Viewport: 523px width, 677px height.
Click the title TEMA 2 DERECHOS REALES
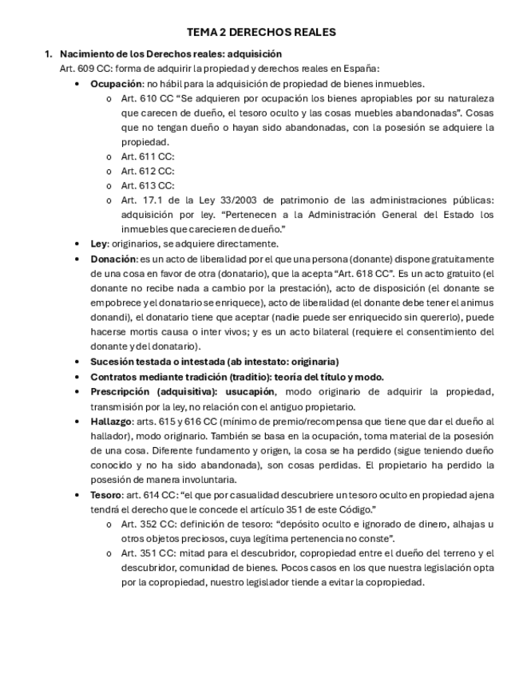click(x=261, y=33)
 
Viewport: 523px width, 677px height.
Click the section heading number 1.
click(x=48, y=54)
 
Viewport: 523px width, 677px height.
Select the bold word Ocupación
click(x=116, y=84)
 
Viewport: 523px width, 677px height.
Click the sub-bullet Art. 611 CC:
click(x=147, y=156)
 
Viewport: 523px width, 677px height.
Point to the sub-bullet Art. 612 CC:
click(x=147, y=171)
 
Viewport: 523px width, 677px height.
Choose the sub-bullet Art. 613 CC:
click(x=147, y=185)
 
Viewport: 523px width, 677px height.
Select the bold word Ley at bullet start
click(x=98, y=244)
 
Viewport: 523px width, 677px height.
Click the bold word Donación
click(x=113, y=259)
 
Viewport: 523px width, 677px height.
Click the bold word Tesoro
click(x=107, y=495)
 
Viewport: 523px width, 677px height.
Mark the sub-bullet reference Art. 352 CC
click(x=148, y=525)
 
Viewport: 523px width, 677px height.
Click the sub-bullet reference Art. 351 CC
click(x=148, y=553)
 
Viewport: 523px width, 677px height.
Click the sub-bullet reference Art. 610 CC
click(x=148, y=98)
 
